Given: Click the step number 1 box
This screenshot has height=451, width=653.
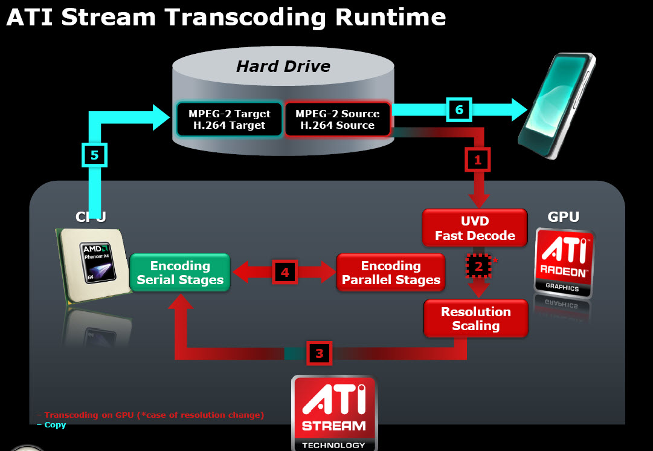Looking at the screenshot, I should point(477,160).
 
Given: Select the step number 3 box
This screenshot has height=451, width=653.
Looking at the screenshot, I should point(320,353).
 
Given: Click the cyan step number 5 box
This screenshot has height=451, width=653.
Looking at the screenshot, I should point(94,155).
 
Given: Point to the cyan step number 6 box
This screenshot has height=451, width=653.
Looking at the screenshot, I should point(458,109).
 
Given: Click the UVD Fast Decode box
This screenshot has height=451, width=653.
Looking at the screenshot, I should point(475,229).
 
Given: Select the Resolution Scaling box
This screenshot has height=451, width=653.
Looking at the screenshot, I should point(475,319).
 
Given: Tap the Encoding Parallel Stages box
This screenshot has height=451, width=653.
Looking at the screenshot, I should point(390,273).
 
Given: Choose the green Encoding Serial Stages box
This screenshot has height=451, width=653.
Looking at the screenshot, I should point(180,273).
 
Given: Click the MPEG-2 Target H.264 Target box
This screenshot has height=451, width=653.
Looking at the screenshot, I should point(229,119).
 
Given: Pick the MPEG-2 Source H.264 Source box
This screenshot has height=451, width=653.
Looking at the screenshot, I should point(337,119).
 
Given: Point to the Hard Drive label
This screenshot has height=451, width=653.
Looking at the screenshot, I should point(283,66).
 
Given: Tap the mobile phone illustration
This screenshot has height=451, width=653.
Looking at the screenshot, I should point(556,106).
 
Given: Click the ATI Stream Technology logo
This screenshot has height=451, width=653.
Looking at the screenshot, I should point(333,413).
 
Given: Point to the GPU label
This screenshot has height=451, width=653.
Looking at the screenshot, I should point(563,216).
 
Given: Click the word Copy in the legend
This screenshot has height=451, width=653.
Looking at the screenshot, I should point(55,425).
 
